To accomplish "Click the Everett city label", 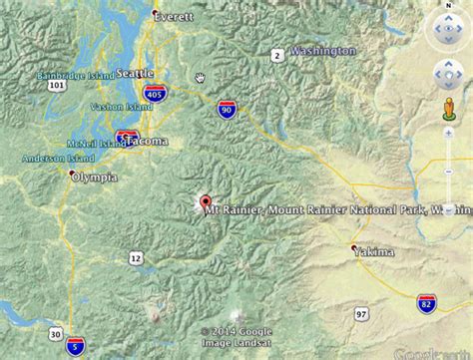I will pos(174,16).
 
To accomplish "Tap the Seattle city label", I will pos(135,73).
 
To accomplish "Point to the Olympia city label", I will pos(93,178).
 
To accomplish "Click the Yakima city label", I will pos(373,252).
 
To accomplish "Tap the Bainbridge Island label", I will pos(72,74).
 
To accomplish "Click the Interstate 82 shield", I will pos(426,302).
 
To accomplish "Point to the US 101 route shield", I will pos(59,86).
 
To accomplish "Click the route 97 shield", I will pos(360,315).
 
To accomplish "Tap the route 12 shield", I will pos(135,258).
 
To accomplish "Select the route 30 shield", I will pos(56,334).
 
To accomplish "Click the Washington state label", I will pos(322,51).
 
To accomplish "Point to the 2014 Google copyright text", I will pos(236,332).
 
